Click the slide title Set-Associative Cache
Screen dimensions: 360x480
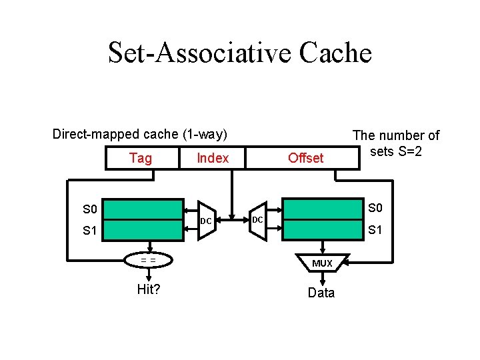click(x=239, y=52)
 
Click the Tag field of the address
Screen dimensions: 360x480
click(x=141, y=158)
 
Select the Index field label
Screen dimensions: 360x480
click(x=213, y=158)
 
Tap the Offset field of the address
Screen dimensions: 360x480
click(x=305, y=158)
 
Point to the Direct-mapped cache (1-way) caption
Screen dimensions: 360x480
click(x=140, y=135)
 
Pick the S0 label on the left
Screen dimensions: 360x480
click(x=90, y=210)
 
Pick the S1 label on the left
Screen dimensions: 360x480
click(x=90, y=231)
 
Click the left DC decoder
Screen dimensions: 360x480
click(x=207, y=220)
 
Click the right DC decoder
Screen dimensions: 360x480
click(x=257, y=219)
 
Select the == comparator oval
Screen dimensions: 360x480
click(x=149, y=260)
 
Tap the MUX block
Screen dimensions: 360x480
click(x=322, y=263)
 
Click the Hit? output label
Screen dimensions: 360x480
click(x=148, y=289)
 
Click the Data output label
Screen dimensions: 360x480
click(x=321, y=293)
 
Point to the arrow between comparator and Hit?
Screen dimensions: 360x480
click(x=149, y=275)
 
